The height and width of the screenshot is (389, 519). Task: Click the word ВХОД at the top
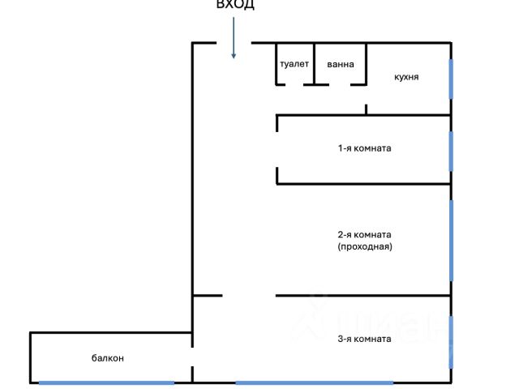coord(235,5)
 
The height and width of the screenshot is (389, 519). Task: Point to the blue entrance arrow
coord(234,39)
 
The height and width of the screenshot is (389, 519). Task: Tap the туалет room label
coord(294,64)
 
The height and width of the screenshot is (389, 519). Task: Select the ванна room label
coord(341,64)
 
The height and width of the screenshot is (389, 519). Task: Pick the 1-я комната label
coord(365,148)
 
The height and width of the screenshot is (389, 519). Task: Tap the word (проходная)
coord(365,247)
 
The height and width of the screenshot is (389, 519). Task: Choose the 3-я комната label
coord(365,339)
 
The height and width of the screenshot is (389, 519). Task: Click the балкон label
coord(108,357)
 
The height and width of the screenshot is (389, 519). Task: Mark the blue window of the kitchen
coord(451,78)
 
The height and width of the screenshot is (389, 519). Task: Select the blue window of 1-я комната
coord(451,150)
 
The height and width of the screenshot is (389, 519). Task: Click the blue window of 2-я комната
coord(451,241)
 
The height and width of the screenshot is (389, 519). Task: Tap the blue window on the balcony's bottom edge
coord(106,383)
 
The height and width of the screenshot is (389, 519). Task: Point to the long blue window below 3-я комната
coord(315,383)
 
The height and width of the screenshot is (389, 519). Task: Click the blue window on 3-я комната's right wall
coord(451,340)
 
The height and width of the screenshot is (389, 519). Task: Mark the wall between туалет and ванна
coord(315,62)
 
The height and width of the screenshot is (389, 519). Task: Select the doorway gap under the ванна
coord(341,83)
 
